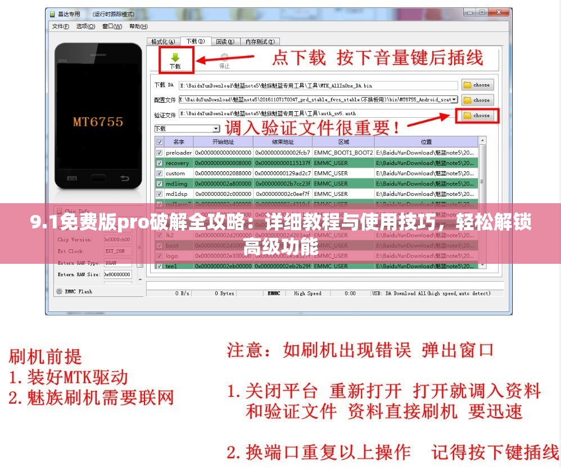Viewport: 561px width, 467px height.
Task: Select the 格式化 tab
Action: (x=163, y=42)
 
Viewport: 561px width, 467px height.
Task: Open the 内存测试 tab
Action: (x=259, y=42)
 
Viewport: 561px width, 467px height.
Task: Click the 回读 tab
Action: (x=225, y=42)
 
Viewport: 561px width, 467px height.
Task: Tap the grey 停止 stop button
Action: (x=224, y=61)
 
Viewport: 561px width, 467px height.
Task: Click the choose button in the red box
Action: (x=476, y=115)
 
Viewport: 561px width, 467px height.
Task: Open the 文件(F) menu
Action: (x=60, y=26)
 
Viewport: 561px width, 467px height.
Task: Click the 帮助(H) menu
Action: (x=138, y=26)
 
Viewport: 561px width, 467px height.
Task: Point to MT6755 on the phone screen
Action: (x=98, y=122)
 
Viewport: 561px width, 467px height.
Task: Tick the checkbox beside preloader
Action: (x=160, y=153)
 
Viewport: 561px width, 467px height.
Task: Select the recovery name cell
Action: (x=177, y=163)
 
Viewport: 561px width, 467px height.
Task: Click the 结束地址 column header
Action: (x=283, y=142)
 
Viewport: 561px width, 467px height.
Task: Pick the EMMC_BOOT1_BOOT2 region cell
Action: (x=343, y=153)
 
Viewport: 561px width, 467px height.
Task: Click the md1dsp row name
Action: (x=176, y=194)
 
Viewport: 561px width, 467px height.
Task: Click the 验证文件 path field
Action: (x=315, y=114)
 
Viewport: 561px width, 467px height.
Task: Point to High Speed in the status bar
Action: (x=307, y=293)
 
